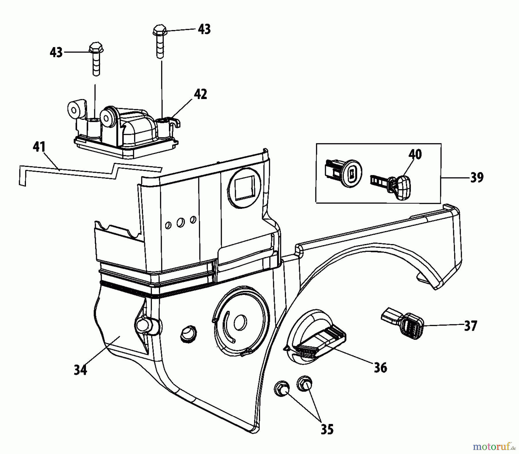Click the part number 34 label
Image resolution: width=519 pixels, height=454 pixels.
coord(80,370)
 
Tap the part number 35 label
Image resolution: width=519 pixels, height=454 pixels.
coord(327,430)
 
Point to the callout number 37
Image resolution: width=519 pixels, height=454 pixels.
coord(471,326)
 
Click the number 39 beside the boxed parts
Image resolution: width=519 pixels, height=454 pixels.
coord(477,177)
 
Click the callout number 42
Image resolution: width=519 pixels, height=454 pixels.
coord(200,94)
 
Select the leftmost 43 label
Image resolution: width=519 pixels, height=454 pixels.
coord(56,53)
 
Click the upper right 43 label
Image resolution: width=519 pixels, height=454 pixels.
coord(204,29)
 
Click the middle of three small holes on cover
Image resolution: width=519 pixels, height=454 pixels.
coord(181,222)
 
